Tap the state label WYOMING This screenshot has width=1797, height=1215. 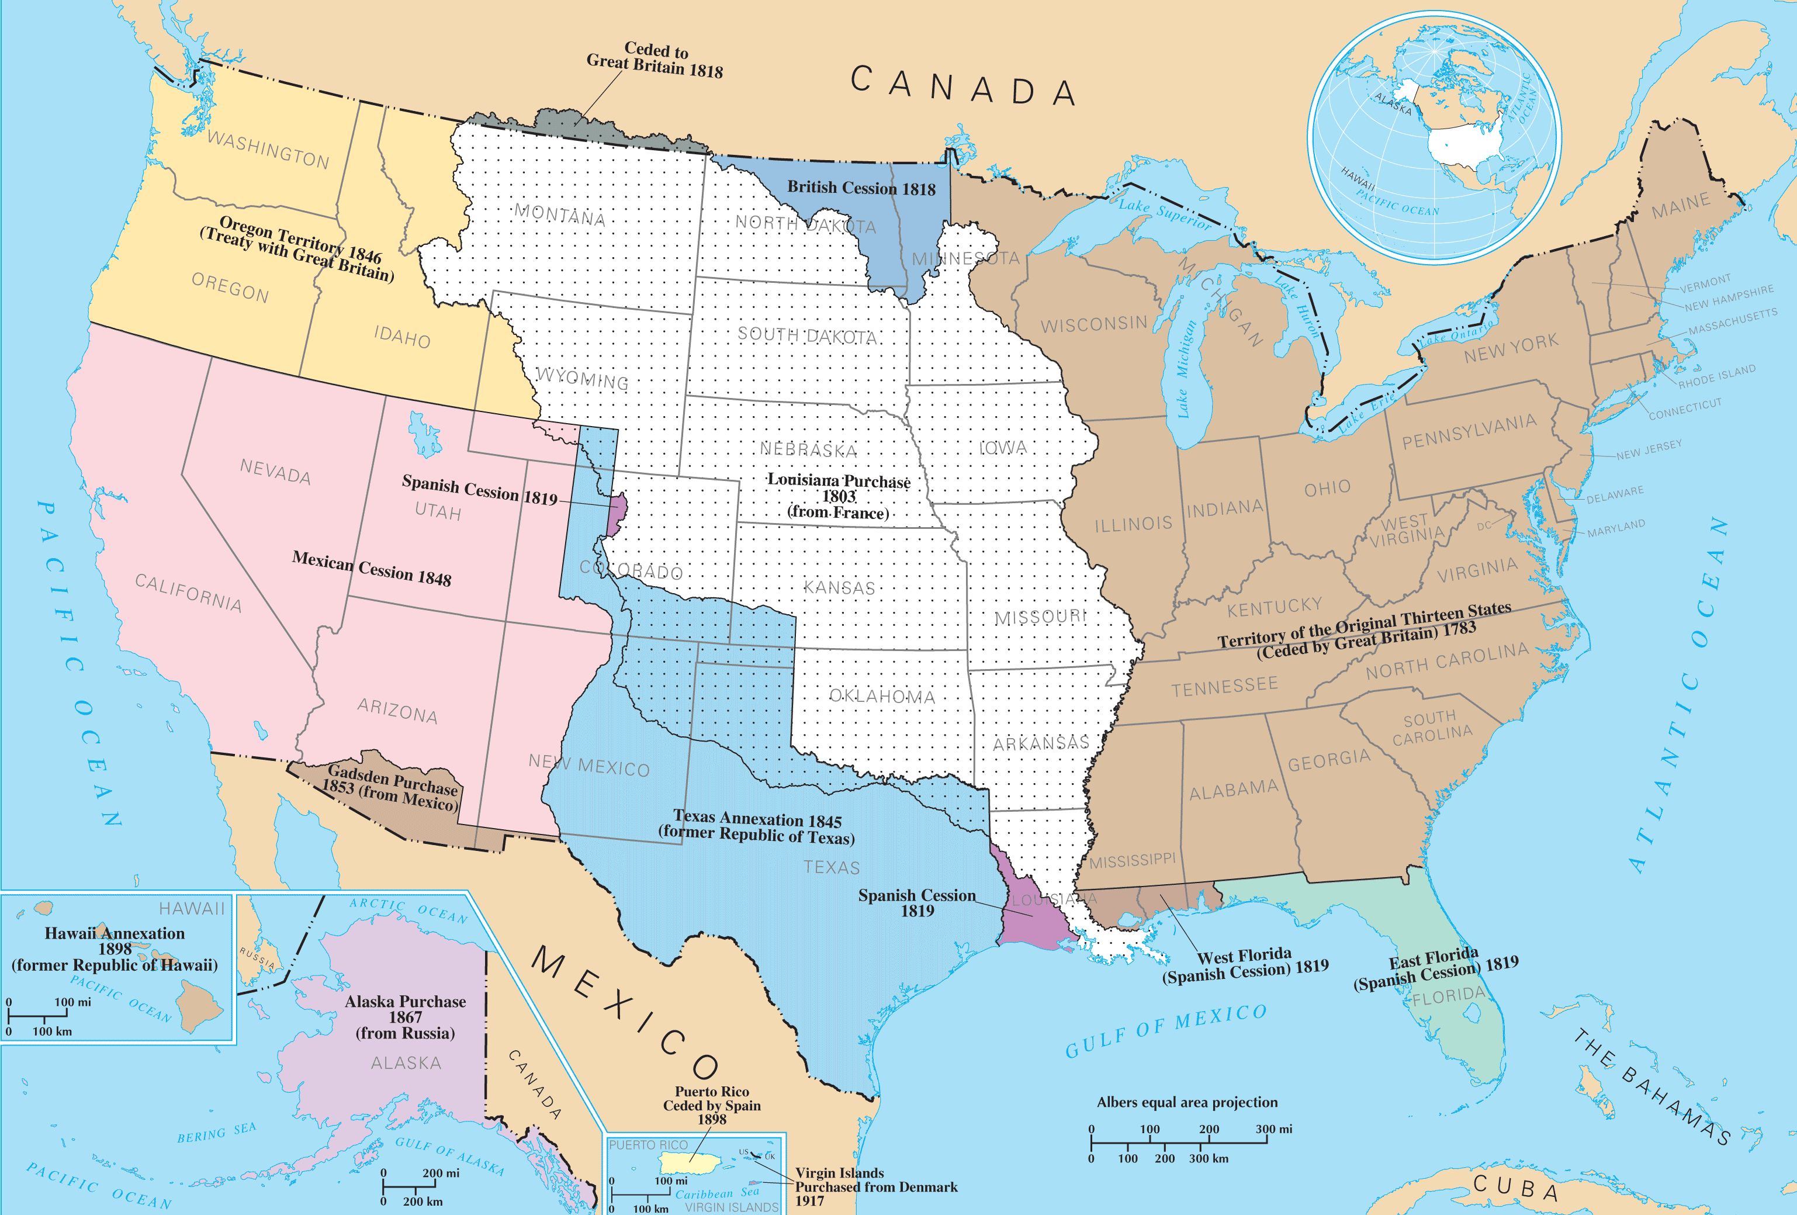pyautogui.click(x=582, y=378)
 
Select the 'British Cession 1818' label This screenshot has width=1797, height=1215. pyautogui.click(x=861, y=188)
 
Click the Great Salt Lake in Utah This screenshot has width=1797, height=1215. pyautogui.click(x=424, y=435)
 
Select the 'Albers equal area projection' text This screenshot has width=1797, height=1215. pyautogui.click(x=1187, y=1102)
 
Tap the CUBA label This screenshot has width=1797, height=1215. pyautogui.click(x=1515, y=1187)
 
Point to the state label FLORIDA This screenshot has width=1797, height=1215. pyautogui.click(x=1448, y=995)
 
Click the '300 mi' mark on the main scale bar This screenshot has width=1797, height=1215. pyautogui.click(x=1273, y=1129)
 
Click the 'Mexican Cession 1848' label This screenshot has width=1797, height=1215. pyautogui.click(x=371, y=569)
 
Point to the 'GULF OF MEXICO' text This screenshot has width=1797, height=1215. pyautogui.click(x=1166, y=1030)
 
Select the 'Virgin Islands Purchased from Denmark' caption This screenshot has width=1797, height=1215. pyautogui.click(x=875, y=1186)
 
